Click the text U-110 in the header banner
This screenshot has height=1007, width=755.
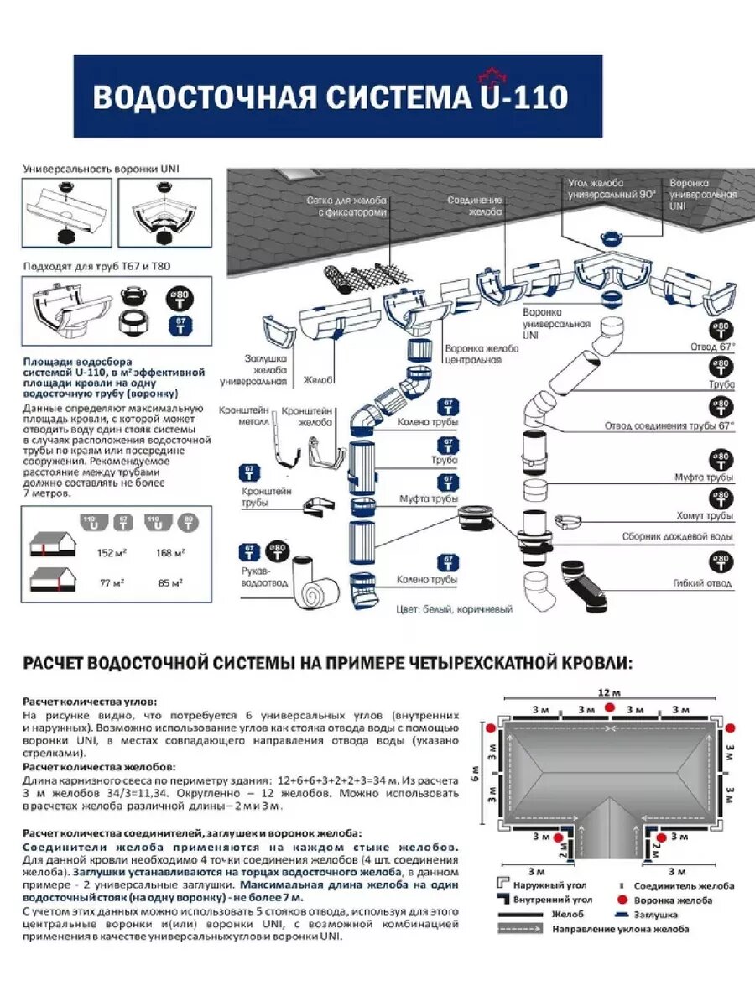point(522,97)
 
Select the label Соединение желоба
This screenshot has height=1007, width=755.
point(475,207)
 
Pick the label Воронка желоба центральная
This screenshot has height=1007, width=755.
point(473,354)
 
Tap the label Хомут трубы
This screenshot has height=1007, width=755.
point(707,515)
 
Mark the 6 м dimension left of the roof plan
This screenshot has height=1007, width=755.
point(475,771)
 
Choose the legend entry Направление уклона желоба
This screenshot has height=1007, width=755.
point(620,929)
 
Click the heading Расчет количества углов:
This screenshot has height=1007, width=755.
point(90,701)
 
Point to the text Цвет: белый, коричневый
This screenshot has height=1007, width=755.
point(454,609)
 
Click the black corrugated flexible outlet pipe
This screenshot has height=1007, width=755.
point(587,582)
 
